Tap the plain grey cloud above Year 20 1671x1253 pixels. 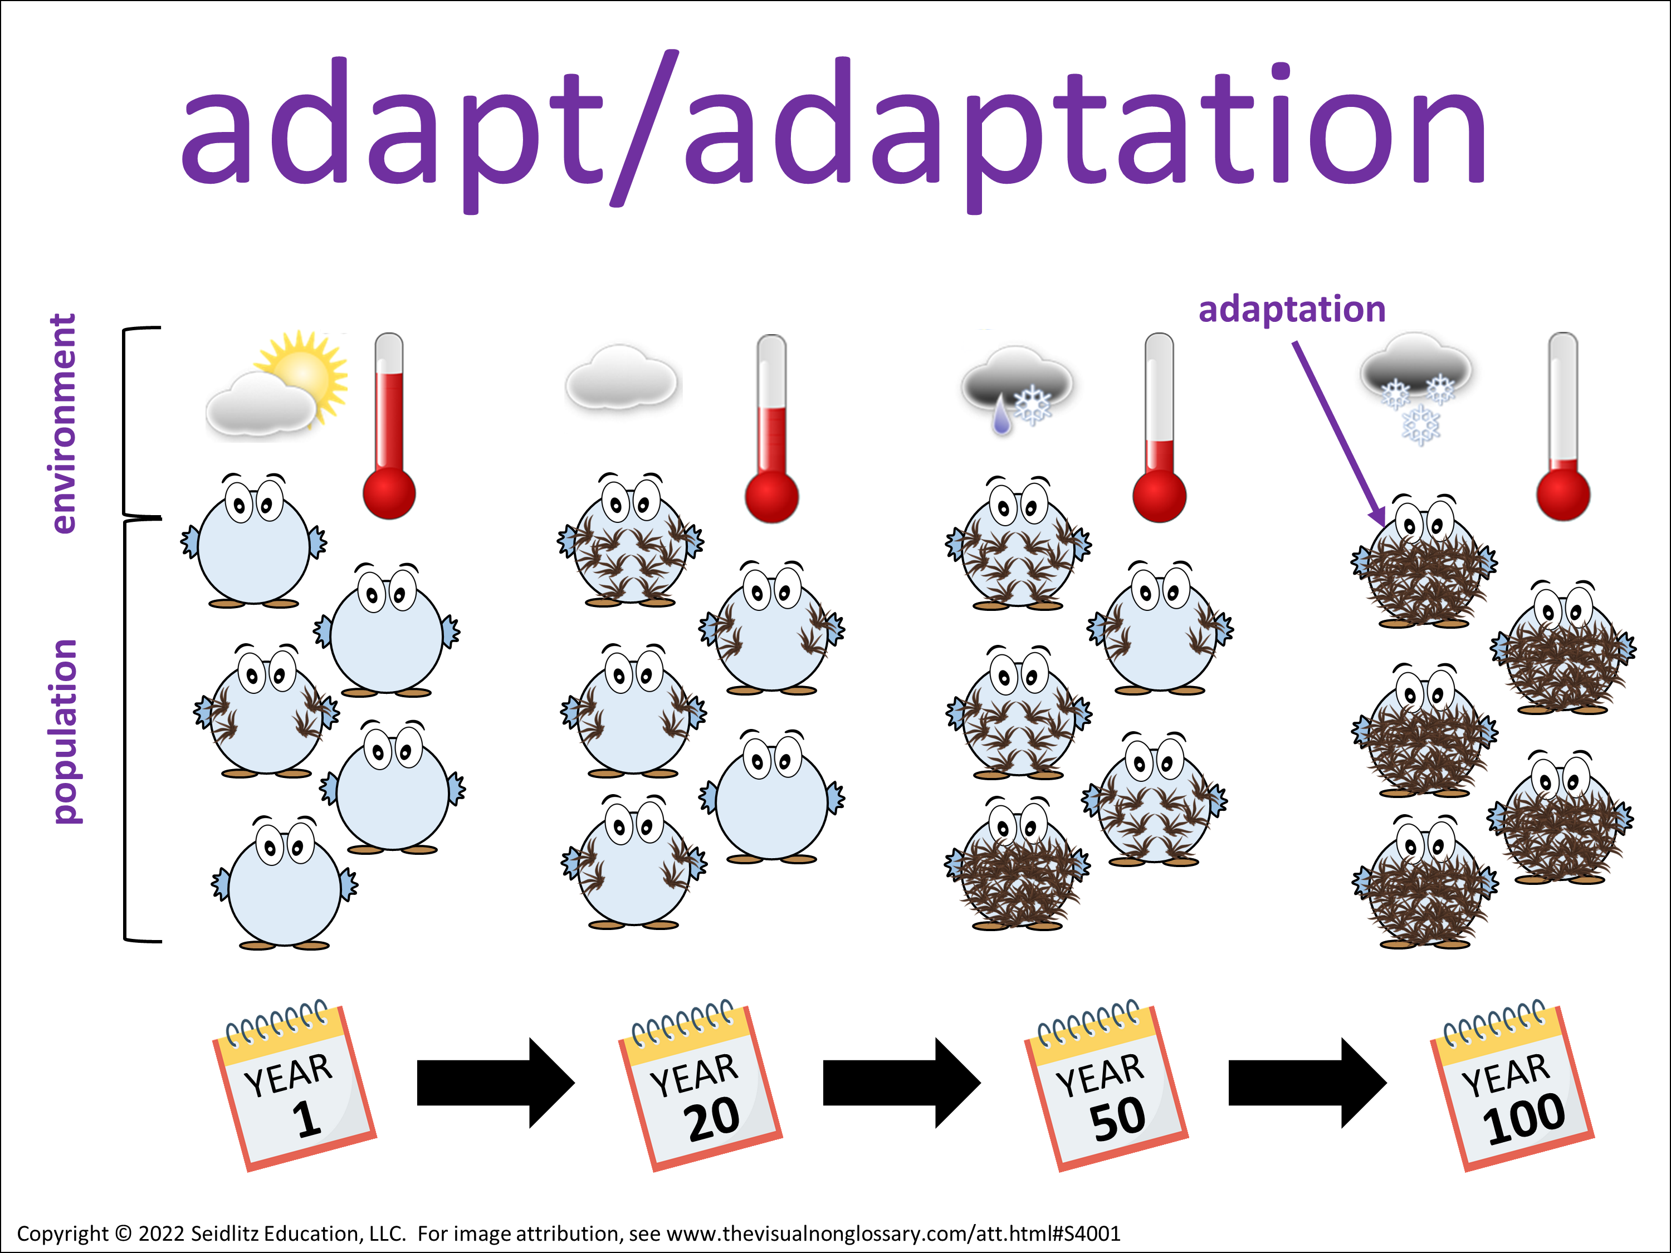click(621, 377)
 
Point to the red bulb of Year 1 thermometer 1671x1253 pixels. click(389, 494)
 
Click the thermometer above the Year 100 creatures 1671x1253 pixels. click(1563, 426)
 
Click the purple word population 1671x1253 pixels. click(64, 731)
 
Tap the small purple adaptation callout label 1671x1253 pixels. click(1292, 310)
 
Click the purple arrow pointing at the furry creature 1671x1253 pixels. click(1338, 433)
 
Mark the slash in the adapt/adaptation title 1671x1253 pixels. click(644, 129)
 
